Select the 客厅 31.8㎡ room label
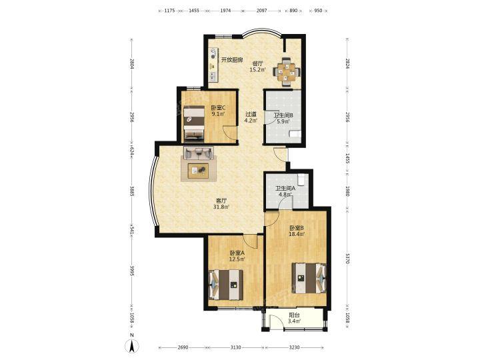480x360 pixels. (x=221, y=204)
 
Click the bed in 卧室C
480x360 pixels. (x=194, y=123)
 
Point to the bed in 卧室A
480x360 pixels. (x=226, y=285)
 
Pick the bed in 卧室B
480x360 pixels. (x=309, y=278)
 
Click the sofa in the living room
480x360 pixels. (x=199, y=153)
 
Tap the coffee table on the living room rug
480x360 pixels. (x=198, y=171)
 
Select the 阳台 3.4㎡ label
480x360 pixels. (x=294, y=318)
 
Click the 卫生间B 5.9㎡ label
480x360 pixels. (x=283, y=118)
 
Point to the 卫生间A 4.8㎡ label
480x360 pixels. (x=285, y=191)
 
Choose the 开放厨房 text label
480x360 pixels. (x=232, y=60)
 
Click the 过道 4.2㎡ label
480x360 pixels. (x=251, y=117)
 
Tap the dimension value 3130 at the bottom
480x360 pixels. (x=235, y=347)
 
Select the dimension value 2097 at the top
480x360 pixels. (x=262, y=11)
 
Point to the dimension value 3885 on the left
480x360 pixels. (x=131, y=192)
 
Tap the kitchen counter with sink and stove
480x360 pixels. (x=213, y=65)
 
